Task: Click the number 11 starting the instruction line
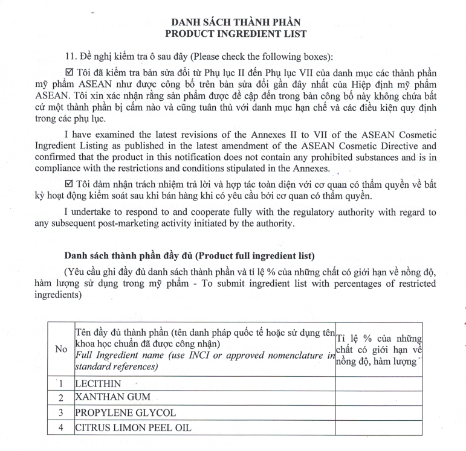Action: [x=70, y=57]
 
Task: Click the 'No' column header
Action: [x=61, y=349]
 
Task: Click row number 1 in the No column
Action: [x=61, y=383]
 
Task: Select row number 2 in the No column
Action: [x=61, y=398]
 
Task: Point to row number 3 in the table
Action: [x=61, y=413]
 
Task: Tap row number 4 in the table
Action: [x=61, y=428]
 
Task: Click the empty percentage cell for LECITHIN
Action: [x=379, y=383]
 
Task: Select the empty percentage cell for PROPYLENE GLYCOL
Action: [x=379, y=413]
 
